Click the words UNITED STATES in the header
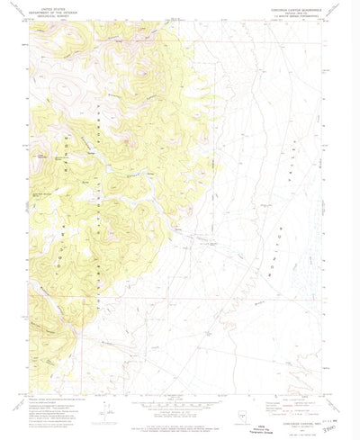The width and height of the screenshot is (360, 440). (x=47, y=8)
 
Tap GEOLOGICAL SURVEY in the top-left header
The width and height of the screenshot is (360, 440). (x=47, y=15)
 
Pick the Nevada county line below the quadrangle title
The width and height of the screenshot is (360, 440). (x=290, y=12)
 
